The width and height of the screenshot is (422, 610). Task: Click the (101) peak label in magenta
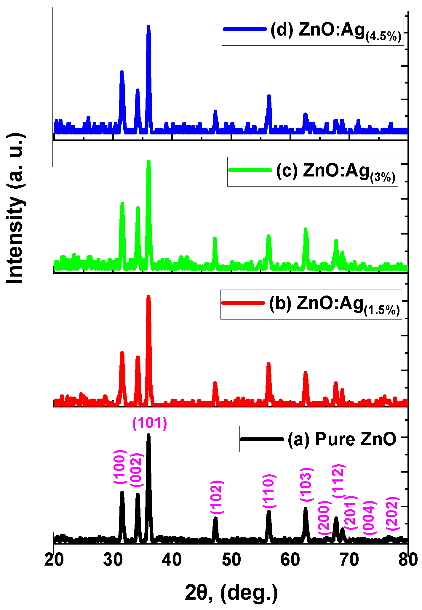[x=150, y=423]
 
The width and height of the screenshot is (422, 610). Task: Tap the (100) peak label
[x=120, y=467]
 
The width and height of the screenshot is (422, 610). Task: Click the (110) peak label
[x=269, y=491]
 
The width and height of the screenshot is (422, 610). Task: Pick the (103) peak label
[x=306, y=484]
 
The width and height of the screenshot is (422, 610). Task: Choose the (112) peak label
[x=338, y=481]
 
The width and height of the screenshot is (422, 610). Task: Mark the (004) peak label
[x=369, y=518]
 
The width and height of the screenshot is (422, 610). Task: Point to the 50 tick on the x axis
[x=231, y=560]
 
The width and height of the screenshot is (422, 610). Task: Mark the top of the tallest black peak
[x=148, y=435]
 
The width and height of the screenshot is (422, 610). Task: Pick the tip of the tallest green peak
[x=148, y=162]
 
